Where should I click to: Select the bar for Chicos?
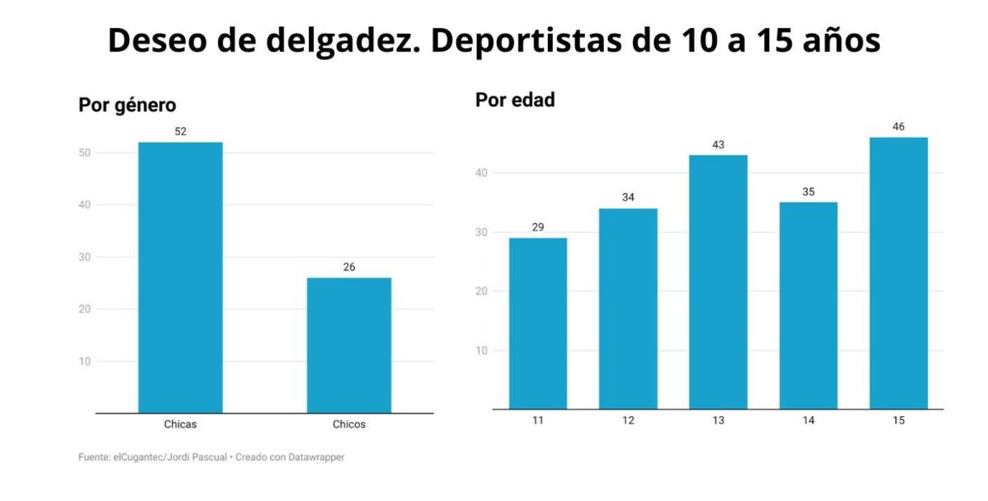point(349,345)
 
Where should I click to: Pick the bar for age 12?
point(628,308)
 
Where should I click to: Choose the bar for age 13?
point(718,281)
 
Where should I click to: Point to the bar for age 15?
point(898,272)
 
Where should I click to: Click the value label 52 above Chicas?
point(180,131)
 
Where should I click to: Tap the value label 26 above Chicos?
point(349,266)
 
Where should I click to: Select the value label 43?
point(718,145)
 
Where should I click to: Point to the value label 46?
point(898,126)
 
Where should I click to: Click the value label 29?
point(537,227)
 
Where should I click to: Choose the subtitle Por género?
point(127,105)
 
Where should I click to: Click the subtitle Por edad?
point(515,99)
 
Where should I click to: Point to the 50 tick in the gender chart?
point(85,153)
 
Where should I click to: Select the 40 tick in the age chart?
point(481,173)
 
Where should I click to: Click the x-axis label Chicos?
point(349,425)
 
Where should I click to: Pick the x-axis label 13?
point(718,421)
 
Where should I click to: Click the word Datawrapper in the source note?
point(314,458)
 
